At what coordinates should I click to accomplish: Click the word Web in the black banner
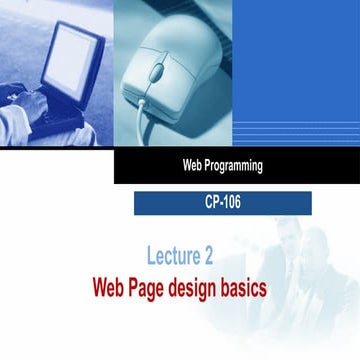tap(189, 167)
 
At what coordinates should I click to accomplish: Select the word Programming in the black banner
tap(231, 167)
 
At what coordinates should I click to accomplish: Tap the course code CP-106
tap(222, 203)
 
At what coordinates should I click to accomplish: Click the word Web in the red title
tap(110, 289)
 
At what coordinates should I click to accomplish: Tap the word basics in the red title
tap(248, 289)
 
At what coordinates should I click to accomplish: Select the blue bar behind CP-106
tap(160, 203)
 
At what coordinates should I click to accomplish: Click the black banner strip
tap(300, 167)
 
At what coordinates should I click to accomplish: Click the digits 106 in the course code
tap(230, 203)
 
